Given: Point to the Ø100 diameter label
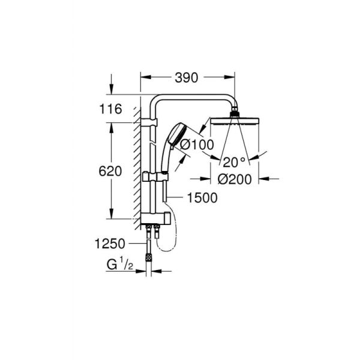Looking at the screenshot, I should [193, 145].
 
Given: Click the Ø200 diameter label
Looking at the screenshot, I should [235, 178].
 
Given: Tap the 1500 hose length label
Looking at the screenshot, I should [200, 197].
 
